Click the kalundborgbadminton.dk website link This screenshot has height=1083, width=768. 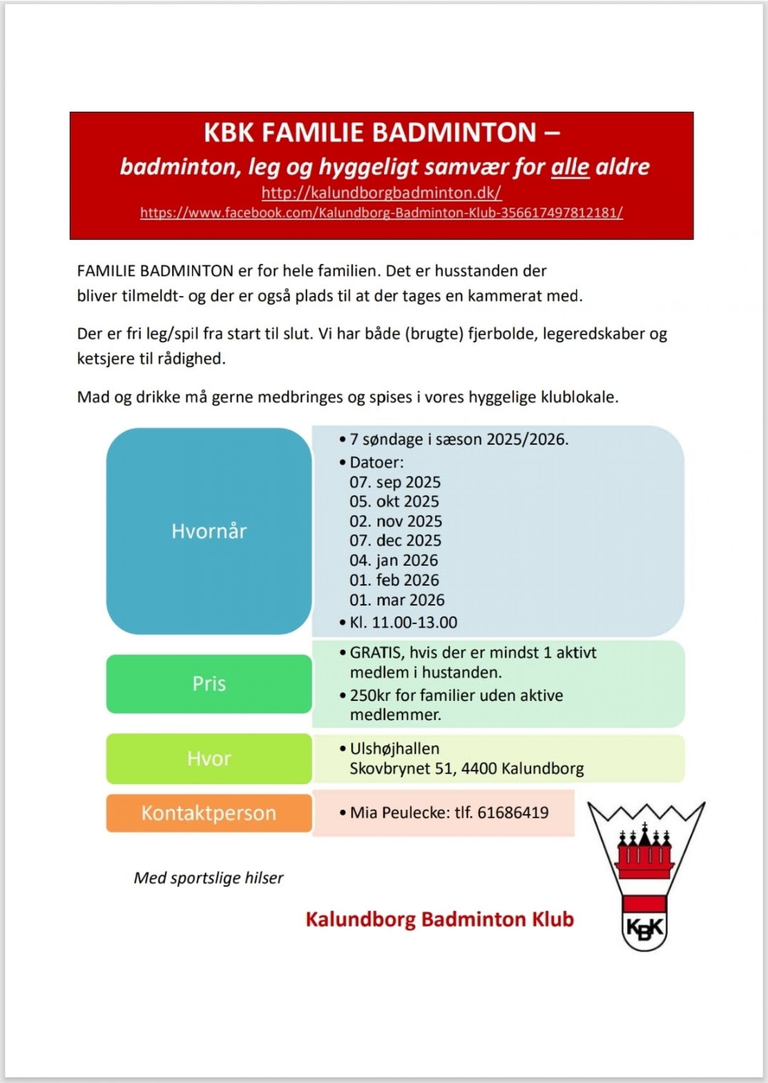[381, 193]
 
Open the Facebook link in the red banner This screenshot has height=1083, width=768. [381, 213]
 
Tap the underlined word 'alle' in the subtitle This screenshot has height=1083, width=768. [570, 167]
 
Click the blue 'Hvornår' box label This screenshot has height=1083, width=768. [208, 531]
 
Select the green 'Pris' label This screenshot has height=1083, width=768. [208, 683]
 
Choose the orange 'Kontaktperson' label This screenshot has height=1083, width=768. [208, 813]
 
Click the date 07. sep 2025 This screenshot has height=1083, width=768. [395, 482]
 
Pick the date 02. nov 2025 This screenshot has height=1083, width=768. [396, 521]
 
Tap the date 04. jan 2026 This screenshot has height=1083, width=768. [394, 561]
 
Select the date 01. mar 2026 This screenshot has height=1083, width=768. [397, 600]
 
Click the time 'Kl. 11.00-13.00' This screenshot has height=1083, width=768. [403, 622]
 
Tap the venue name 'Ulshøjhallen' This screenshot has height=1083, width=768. [395, 749]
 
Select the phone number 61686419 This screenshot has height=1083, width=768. [513, 813]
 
